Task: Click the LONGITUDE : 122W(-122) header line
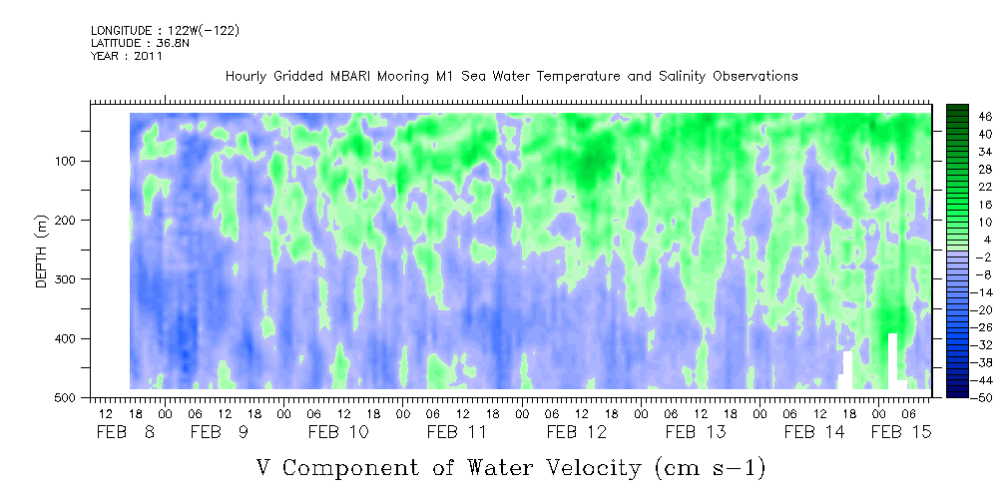click(x=165, y=31)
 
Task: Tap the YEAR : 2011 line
click(x=127, y=56)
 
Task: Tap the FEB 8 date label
click(x=126, y=432)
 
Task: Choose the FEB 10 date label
click(x=338, y=432)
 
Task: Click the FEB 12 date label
click(x=577, y=432)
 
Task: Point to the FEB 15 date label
click(x=901, y=432)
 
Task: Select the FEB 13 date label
click(x=696, y=432)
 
